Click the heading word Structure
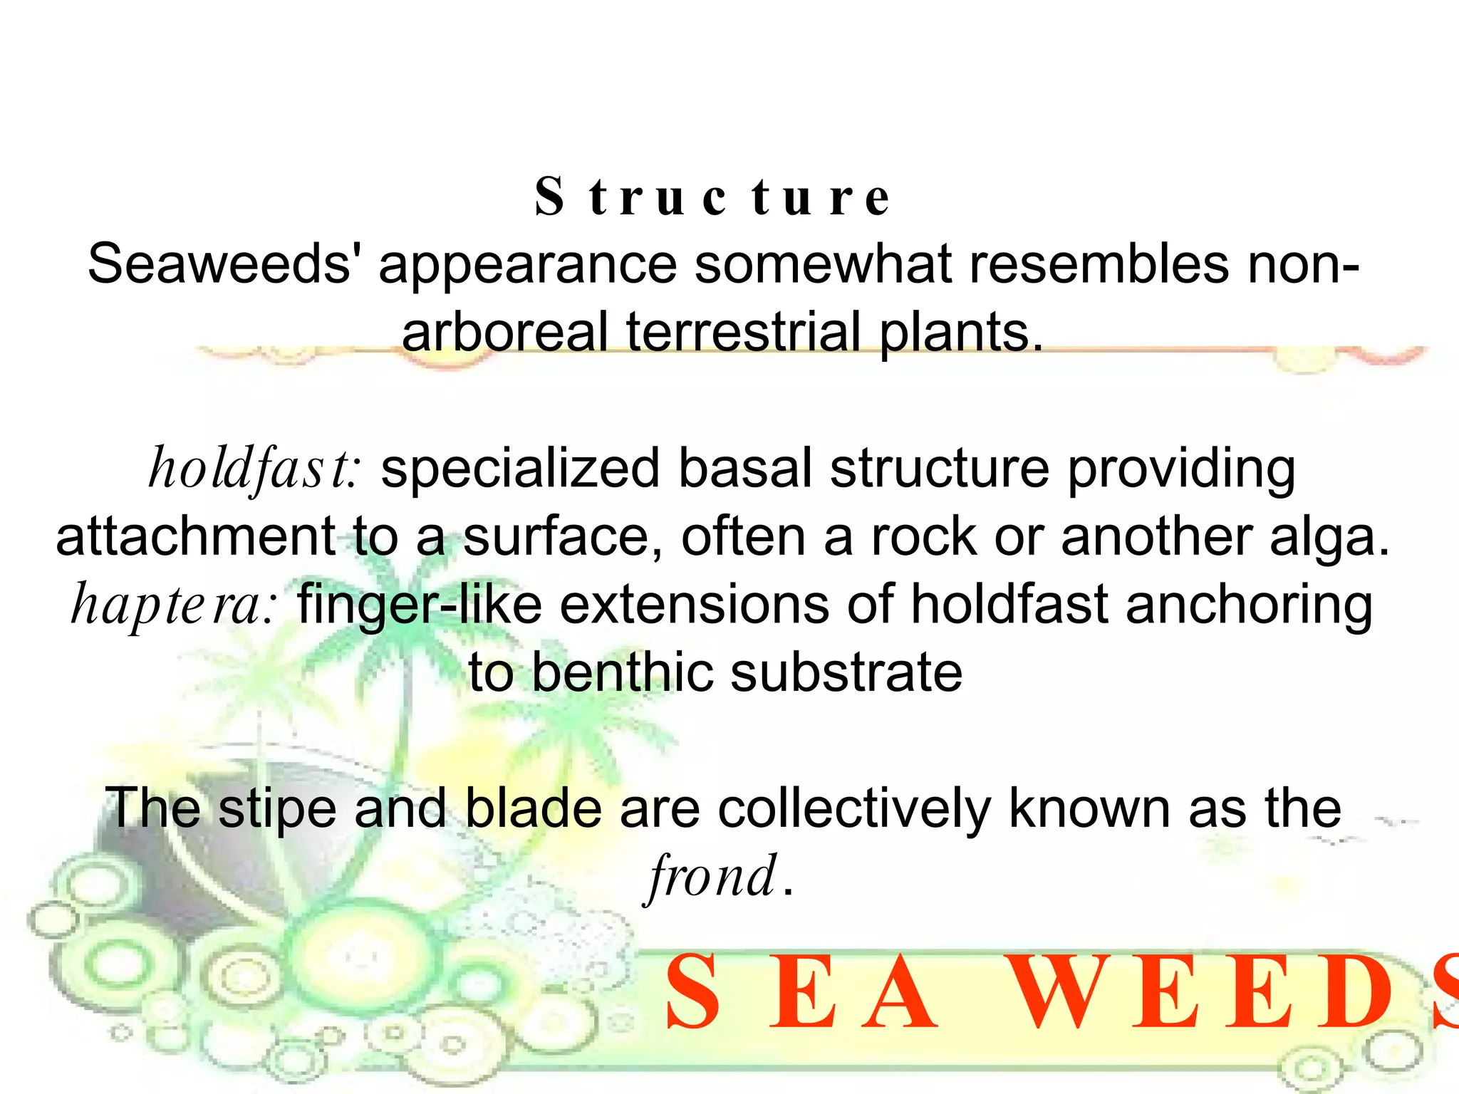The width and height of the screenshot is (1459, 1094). pyautogui.click(x=712, y=197)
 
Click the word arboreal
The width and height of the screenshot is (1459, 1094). pyautogui.click(x=505, y=332)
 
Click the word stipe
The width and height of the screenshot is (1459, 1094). pyautogui.click(x=277, y=809)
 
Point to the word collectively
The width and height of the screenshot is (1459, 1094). pyautogui.click(x=854, y=809)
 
